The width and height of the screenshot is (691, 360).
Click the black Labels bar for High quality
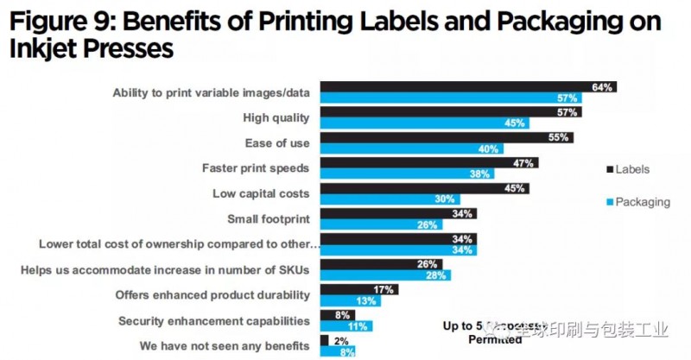449,112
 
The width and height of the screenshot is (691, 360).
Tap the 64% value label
602,87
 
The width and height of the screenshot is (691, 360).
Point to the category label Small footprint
268,218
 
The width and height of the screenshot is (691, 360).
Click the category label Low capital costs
261,193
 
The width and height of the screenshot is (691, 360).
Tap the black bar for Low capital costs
423,188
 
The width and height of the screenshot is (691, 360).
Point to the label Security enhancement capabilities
214,321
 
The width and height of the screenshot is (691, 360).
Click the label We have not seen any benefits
225,346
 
